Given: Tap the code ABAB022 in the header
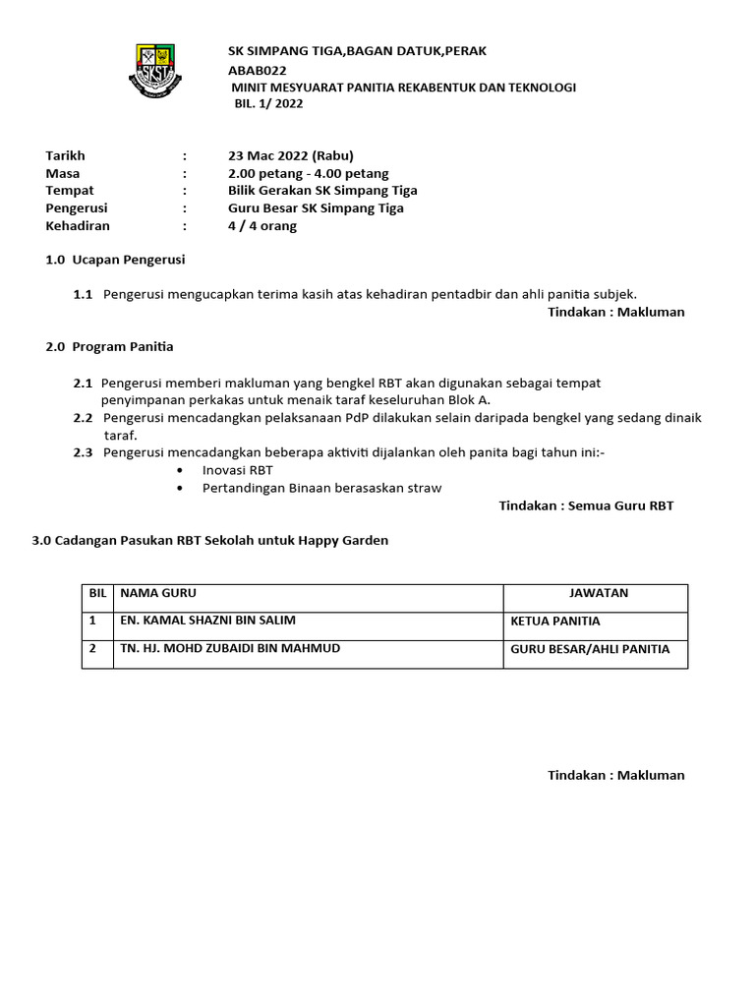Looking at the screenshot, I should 252,70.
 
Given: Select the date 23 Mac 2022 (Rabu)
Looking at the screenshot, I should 290,155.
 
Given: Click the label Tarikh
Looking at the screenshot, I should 66,155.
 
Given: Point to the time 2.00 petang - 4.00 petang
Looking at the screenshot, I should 308,173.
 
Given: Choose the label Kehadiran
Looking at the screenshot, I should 78,226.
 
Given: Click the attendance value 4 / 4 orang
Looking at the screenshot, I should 262,226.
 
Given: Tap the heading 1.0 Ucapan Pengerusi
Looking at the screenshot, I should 115,261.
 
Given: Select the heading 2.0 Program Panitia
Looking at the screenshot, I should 109,347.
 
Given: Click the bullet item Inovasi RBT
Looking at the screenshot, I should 237,470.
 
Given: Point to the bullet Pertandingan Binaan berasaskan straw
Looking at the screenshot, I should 321,488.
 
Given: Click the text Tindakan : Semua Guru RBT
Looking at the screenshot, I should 586,505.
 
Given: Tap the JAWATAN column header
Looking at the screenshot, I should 599,593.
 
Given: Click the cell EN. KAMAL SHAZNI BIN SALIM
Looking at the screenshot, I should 207,621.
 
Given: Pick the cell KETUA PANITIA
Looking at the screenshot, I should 555,622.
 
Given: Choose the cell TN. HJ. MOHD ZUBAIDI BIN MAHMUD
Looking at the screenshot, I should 230,648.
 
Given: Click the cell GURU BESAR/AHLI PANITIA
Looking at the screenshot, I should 590,649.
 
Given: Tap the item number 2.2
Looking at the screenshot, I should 83,418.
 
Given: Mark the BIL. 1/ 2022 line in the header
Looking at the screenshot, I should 268,104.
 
